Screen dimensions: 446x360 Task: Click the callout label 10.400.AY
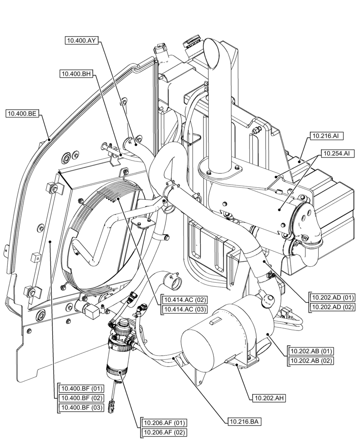click(81, 40)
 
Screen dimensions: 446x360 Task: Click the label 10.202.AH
click(268, 397)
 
